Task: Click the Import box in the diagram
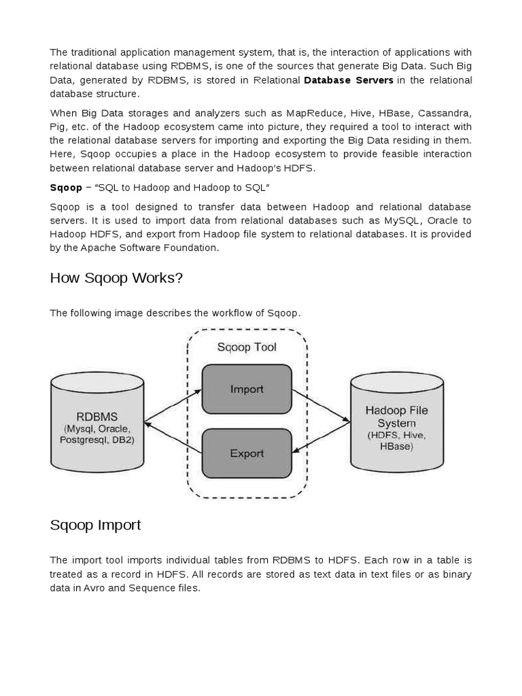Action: click(x=247, y=389)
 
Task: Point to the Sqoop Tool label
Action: click(x=247, y=347)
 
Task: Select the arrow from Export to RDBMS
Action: click(x=173, y=437)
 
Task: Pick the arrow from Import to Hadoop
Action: click(x=321, y=406)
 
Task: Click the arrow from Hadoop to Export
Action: click(x=321, y=437)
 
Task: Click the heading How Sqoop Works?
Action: click(x=116, y=279)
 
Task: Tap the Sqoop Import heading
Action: click(x=95, y=525)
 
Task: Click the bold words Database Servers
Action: click(x=349, y=80)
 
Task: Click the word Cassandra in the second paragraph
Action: click(x=445, y=113)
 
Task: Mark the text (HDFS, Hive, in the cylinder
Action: click(x=396, y=435)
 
